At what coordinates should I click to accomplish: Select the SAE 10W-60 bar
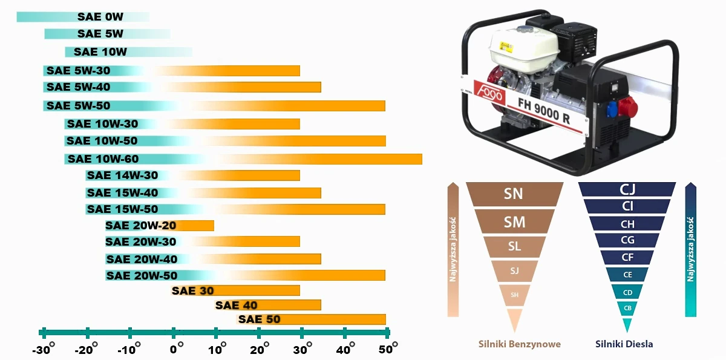pyautogui.click(x=242, y=159)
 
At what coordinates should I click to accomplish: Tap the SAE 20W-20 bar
pyautogui.click(x=159, y=226)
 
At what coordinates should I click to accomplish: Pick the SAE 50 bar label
pyautogui.click(x=259, y=319)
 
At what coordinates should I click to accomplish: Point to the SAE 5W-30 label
pyautogui.click(x=78, y=71)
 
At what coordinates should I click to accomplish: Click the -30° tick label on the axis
pyautogui.click(x=43, y=350)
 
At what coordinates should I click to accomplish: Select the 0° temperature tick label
pyautogui.click(x=177, y=350)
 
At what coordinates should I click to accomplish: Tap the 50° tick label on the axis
pyautogui.click(x=387, y=350)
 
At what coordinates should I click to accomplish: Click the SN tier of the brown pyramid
pyautogui.click(x=514, y=194)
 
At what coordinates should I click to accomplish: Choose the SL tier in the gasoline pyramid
pyautogui.click(x=514, y=246)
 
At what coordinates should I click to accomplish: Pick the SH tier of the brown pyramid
pyautogui.click(x=514, y=295)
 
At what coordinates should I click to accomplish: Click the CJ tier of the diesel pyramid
pyautogui.click(x=627, y=189)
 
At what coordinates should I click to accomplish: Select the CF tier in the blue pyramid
pyautogui.click(x=627, y=258)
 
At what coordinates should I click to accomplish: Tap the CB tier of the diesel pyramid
pyautogui.click(x=627, y=308)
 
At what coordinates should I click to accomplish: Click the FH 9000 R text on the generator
pyautogui.click(x=543, y=110)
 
